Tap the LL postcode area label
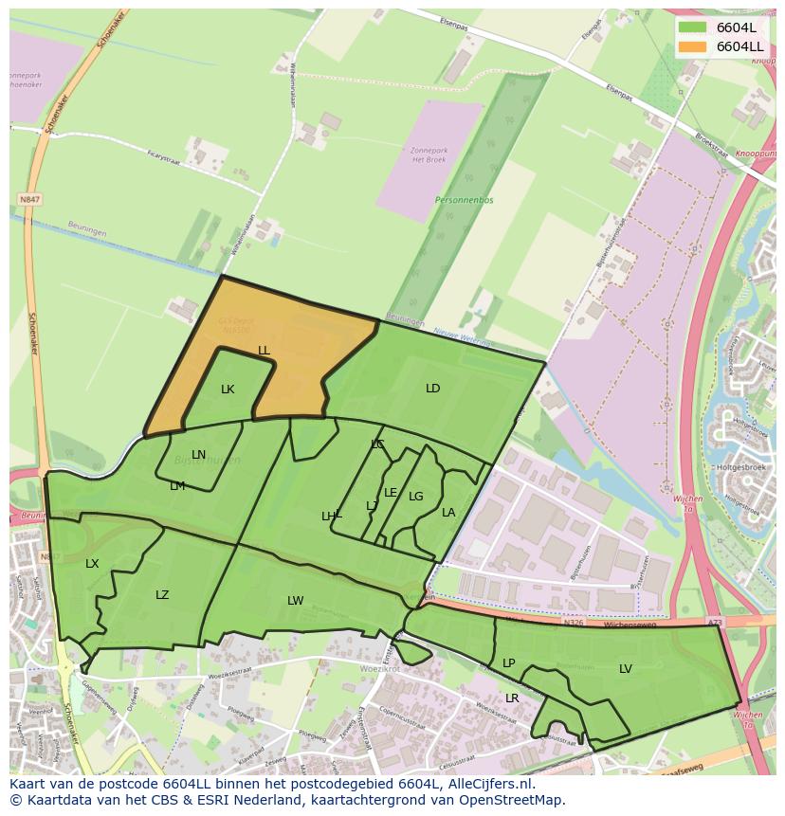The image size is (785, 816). [x=264, y=351]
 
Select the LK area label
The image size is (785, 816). [x=228, y=390]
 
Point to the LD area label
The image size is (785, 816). [x=432, y=389]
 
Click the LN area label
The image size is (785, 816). [x=198, y=455]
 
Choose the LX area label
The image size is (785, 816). [x=92, y=564]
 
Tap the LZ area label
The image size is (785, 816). [x=162, y=595]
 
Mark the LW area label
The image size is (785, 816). [x=296, y=601]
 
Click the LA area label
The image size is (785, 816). [x=448, y=513]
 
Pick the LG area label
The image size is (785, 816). [x=416, y=497]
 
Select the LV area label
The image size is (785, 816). [x=626, y=669]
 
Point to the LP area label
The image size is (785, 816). [x=508, y=663]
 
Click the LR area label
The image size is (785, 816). [x=512, y=698]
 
